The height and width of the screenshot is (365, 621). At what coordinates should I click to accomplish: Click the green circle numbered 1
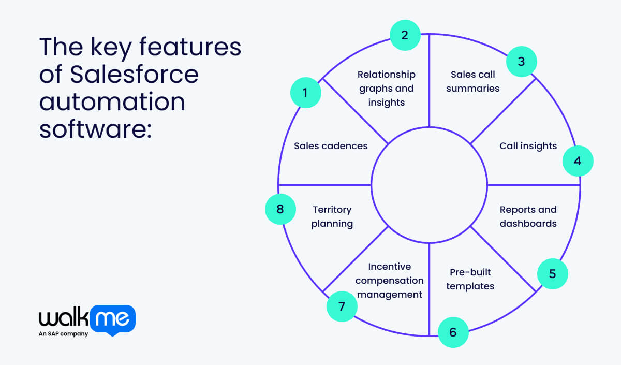pos(305,93)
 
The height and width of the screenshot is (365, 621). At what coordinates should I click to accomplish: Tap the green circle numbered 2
pos(405,35)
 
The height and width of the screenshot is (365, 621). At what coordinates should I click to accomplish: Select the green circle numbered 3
pos(521,62)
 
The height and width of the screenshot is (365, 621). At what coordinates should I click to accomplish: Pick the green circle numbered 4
pos(578,161)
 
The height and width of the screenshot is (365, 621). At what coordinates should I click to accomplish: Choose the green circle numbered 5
pos(552,273)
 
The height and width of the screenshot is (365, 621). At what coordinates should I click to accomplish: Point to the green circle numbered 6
pos(453,332)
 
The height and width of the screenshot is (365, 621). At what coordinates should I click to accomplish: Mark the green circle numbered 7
pos(342,306)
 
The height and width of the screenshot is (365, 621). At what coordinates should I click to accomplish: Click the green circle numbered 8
pos(280,209)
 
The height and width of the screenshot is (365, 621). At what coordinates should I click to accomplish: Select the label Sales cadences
pos(331,145)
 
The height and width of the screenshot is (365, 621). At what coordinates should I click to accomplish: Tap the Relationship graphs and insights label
pos(387,89)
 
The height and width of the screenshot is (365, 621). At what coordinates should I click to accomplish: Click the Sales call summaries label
pos(472,81)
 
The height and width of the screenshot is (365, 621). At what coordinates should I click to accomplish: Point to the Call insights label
pos(528,146)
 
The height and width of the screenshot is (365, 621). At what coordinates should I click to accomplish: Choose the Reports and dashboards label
pos(528,216)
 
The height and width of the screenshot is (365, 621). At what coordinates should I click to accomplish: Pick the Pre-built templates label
pos(470,279)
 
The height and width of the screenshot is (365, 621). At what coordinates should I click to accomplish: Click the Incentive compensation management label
pos(389,280)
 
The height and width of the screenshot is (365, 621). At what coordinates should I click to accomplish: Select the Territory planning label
pos(332,216)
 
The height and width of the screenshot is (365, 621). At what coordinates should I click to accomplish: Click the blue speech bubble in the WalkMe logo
pos(112,319)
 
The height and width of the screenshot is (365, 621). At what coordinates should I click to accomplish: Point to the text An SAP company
pos(63,334)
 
